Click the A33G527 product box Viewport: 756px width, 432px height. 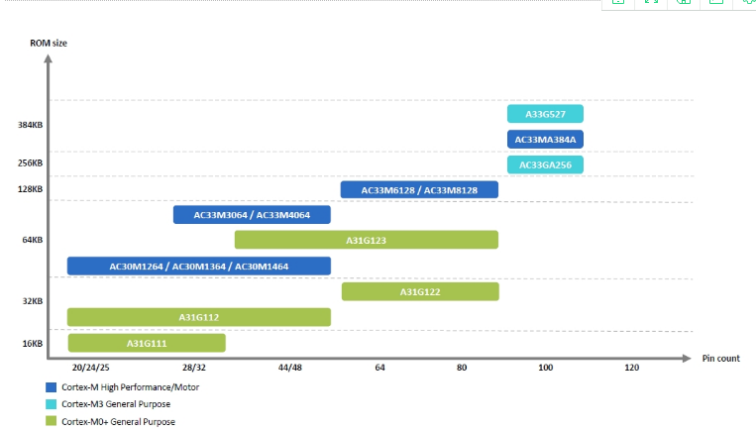point(545,114)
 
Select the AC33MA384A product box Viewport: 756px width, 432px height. point(545,139)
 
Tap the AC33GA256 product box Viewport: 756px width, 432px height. point(545,164)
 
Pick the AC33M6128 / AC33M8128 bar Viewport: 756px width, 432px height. point(419,189)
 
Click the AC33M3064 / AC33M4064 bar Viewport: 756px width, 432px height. point(252,215)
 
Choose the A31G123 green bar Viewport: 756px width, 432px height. point(366,240)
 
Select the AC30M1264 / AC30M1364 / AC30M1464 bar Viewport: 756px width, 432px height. point(198,266)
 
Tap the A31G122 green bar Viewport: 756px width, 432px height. point(420,291)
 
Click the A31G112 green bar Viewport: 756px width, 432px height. point(198,317)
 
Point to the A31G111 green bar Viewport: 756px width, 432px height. point(147,343)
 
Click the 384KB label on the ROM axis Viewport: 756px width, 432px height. point(30,126)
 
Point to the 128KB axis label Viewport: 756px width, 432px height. point(30,188)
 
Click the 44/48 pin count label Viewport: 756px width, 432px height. point(289,368)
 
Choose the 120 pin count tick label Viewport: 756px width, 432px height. point(631,368)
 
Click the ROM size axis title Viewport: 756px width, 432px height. point(48,42)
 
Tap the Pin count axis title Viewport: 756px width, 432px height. point(720,359)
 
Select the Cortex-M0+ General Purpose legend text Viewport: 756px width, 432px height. point(117,421)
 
